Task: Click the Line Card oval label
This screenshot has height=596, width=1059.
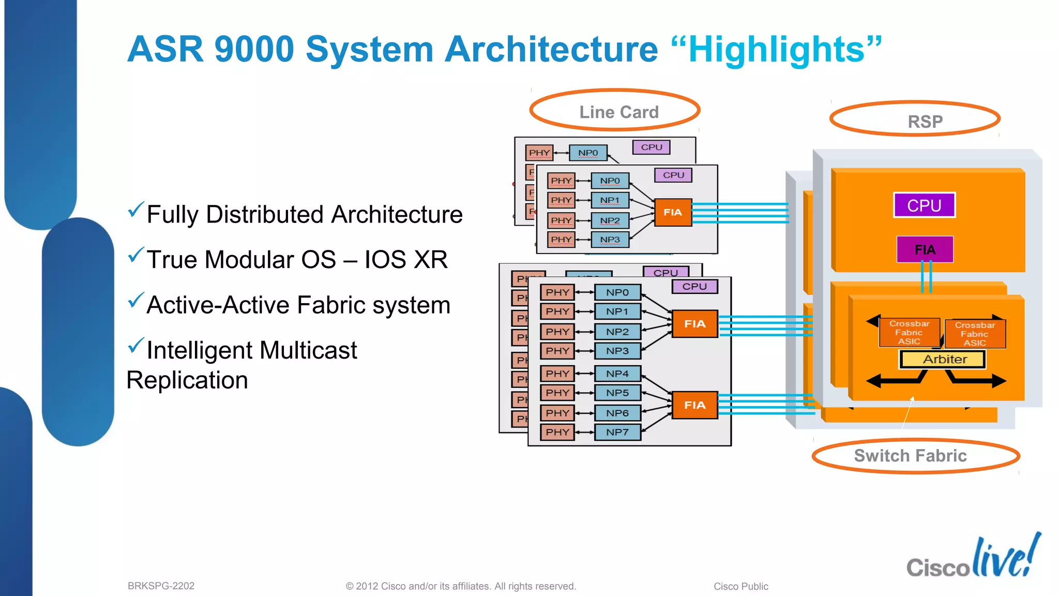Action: click(x=615, y=111)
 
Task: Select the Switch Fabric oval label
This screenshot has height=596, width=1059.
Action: click(x=915, y=455)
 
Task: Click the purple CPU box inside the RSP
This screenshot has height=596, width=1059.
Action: click(x=924, y=205)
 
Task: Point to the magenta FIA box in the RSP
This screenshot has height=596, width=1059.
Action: click(x=925, y=250)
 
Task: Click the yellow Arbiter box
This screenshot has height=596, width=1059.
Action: click(x=943, y=359)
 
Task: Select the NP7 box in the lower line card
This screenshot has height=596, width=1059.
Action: click(x=617, y=432)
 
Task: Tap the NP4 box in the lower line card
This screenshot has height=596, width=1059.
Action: click(x=617, y=374)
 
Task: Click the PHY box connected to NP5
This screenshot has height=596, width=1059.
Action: click(x=557, y=393)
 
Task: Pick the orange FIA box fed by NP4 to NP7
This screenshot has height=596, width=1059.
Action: click(x=694, y=405)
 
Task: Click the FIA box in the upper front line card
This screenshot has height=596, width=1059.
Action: click(x=673, y=212)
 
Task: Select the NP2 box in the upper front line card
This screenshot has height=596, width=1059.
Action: click(x=610, y=220)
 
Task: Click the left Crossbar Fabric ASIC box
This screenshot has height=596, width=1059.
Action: click(x=909, y=332)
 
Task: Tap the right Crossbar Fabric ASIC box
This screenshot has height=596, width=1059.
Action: click(x=975, y=334)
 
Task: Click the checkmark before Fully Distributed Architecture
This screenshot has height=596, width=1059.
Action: click(x=135, y=210)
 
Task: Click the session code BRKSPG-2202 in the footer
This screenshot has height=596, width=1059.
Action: click(x=161, y=586)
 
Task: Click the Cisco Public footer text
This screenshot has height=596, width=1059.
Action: click(x=740, y=586)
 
